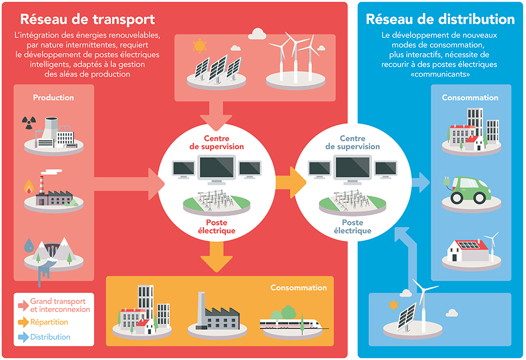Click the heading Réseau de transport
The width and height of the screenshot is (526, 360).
click(87, 19)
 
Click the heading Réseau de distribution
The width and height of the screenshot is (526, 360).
click(440, 19)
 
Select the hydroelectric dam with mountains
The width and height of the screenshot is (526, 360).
click(51, 252)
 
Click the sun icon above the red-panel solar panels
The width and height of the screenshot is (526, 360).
click(199, 45)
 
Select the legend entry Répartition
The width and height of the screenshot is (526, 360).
click(49, 322)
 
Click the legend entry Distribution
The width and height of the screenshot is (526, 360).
click(50, 337)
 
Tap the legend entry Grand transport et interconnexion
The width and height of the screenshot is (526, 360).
click(59, 305)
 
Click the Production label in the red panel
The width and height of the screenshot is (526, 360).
click(53, 97)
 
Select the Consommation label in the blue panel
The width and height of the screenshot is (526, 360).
click(469, 97)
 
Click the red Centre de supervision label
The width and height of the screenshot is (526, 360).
click(215, 142)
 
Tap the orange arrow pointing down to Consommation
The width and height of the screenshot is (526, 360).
click(216, 256)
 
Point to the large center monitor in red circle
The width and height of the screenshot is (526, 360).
click(215, 169)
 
